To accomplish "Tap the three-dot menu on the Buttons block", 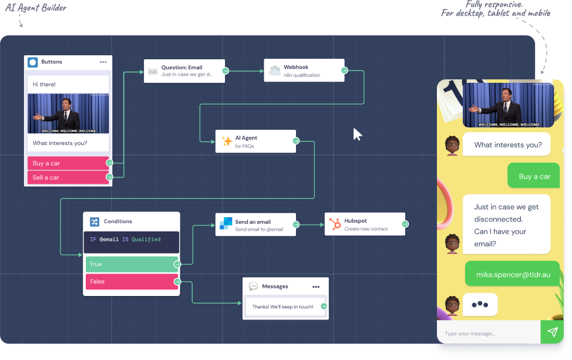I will (x=103, y=62).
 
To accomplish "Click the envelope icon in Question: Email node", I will (x=153, y=72).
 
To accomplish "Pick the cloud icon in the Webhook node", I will (x=274, y=71).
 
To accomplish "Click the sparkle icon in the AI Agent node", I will (x=226, y=142).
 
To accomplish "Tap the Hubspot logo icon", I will (x=335, y=224).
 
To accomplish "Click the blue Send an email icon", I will (x=226, y=224).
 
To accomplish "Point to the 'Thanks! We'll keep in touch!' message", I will (x=282, y=307).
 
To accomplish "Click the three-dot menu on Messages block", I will (x=316, y=287).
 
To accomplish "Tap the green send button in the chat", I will (x=552, y=332).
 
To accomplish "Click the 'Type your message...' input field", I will (x=487, y=333).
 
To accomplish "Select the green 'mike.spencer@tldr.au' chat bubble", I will (x=512, y=274).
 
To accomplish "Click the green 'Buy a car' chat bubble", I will (x=534, y=176).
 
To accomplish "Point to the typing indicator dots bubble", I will (x=480, y=304).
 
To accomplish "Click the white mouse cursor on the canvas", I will (x=357, y=134).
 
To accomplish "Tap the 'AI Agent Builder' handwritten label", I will (x=36, y=8).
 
